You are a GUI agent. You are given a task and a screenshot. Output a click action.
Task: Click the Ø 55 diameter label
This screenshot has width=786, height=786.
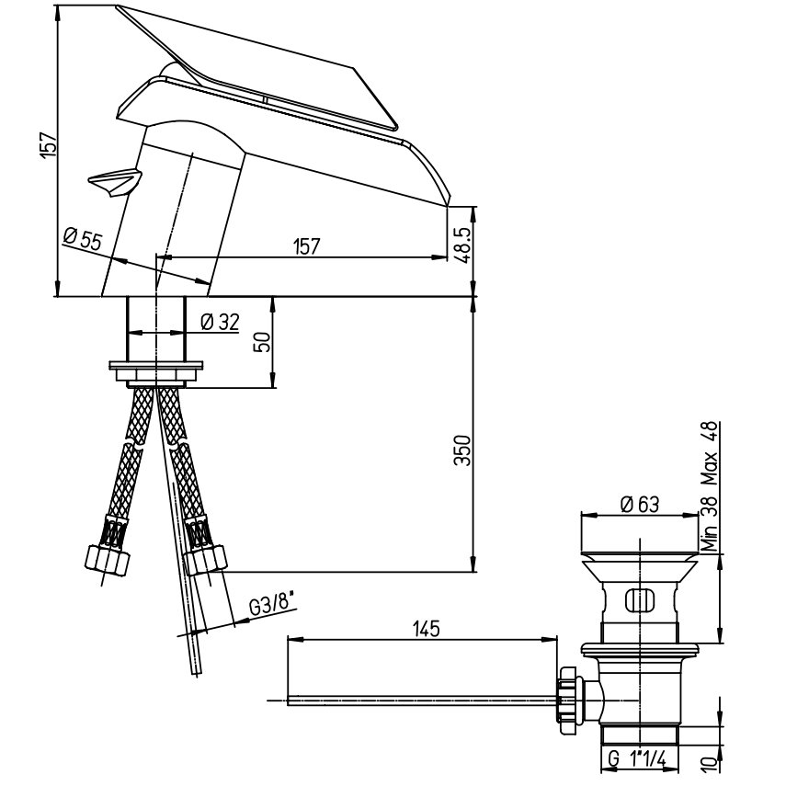tap(84, 239)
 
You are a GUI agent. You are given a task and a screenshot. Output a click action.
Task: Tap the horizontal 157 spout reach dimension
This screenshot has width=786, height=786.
tap(307, 246)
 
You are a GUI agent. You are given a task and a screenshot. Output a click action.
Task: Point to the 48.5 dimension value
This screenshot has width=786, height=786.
tap(462, 245)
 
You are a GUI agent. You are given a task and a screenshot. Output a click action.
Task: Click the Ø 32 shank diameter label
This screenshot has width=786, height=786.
tap(220, 322)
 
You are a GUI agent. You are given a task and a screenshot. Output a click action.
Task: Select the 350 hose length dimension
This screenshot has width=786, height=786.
tap(463, 450)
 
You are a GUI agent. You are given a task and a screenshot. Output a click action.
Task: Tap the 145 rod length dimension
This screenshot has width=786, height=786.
tap(426, 628)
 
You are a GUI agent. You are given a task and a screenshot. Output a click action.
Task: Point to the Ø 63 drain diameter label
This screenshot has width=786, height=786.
tap(640, 504)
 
